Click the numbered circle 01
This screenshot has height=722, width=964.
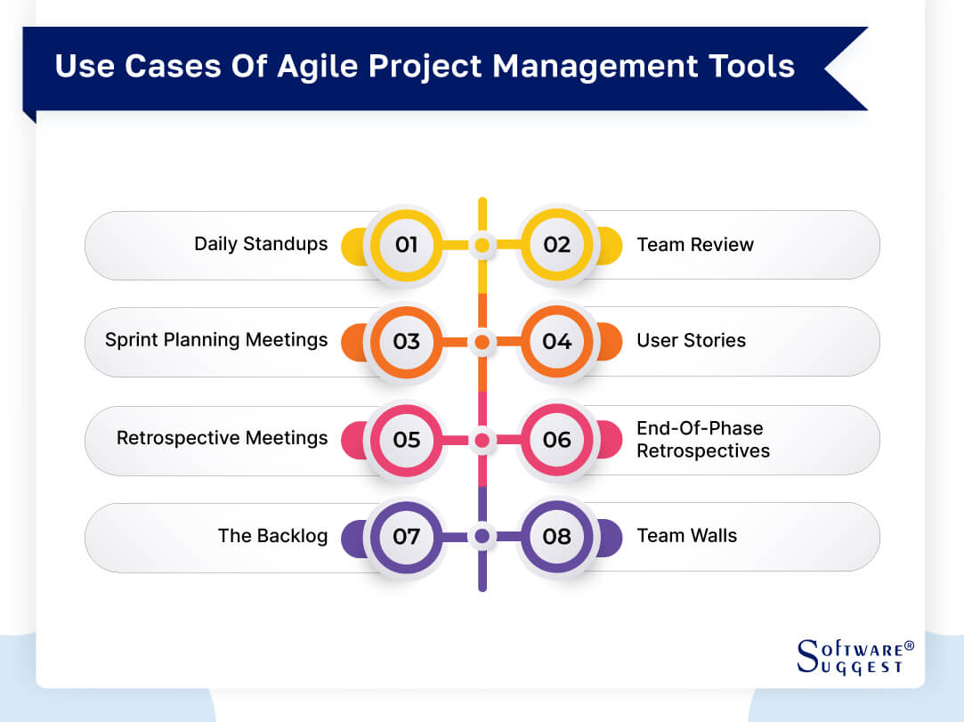(x=406, y=245)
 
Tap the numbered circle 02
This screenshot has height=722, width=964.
(x=557, y=245)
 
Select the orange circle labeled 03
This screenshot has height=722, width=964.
(x=406, y=342)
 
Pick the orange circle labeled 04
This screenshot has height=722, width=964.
(x=557, y=342)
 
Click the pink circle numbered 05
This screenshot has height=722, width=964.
(x=406, y=440)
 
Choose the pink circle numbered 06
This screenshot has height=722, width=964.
(x=557, y=440)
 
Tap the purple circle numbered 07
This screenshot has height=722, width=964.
(x=406, y=537)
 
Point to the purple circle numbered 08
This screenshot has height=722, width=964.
(x=557, y=537)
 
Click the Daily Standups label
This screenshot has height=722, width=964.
(x=261, y=244)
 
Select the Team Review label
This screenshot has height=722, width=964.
(x=695, y=245)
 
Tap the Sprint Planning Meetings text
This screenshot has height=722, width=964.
(x=216, y=340)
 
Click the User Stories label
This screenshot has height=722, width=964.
(x=691, y=340)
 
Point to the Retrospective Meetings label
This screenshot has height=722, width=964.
(x=222, y=438)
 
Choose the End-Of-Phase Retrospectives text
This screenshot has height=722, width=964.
(x=702, y=440)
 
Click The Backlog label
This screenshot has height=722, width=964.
(x=272, y=536)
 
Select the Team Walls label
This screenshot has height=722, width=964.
(x=686, y=536)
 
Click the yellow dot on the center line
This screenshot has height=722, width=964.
(x=482, y=245)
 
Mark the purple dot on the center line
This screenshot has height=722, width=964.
(x=482, y=537)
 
